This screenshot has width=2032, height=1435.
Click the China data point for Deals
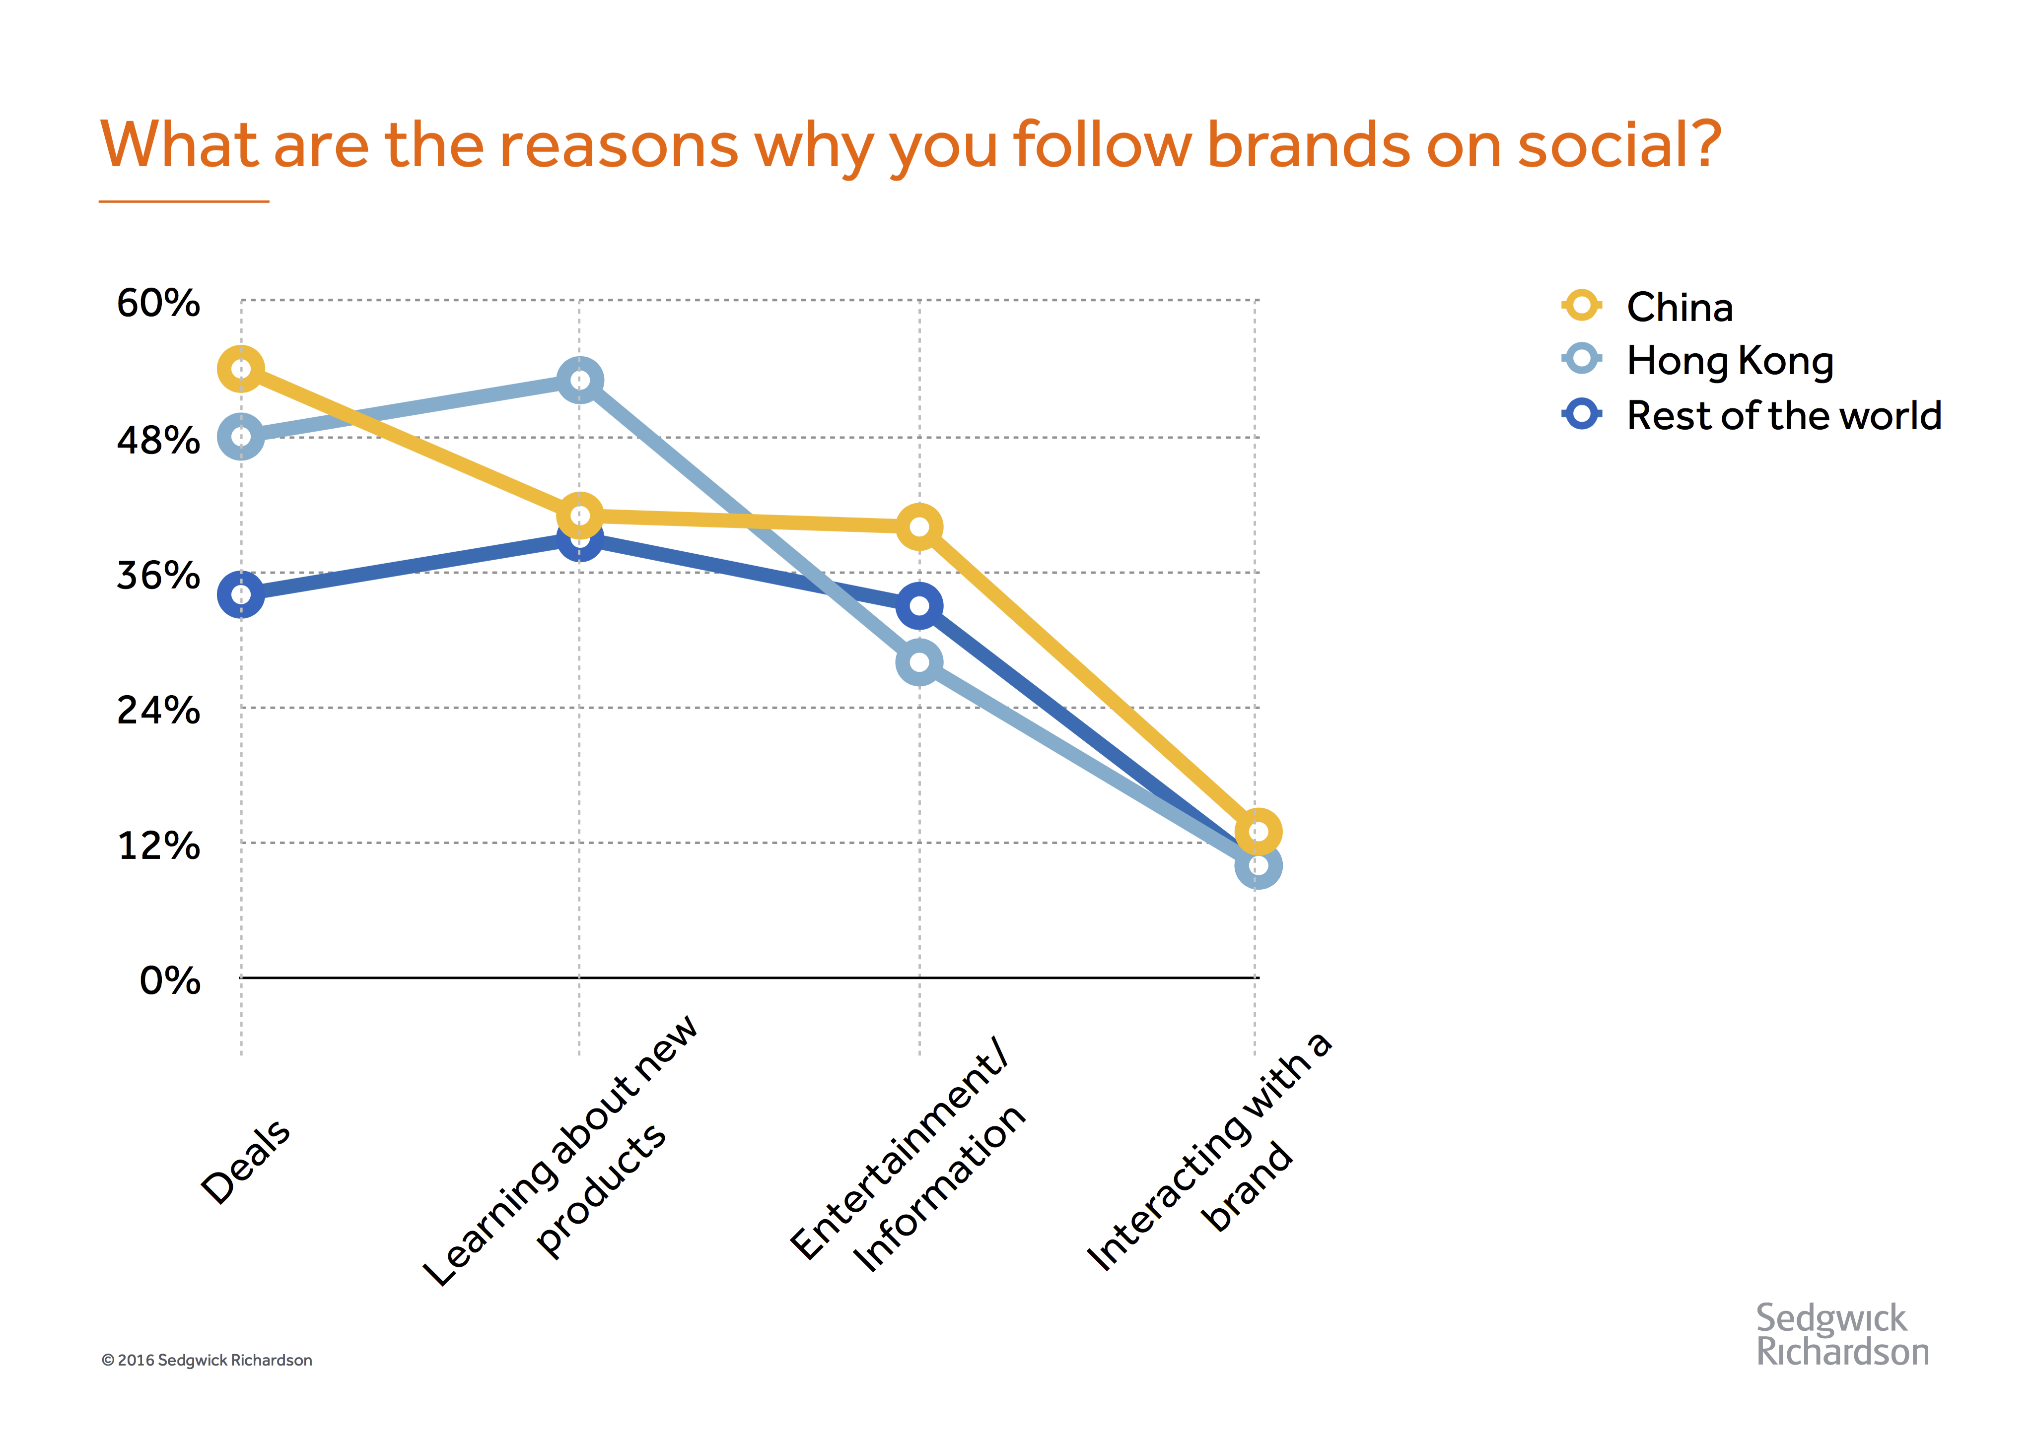click(x=241, y=369)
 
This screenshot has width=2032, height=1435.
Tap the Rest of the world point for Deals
click(x=241, y=594)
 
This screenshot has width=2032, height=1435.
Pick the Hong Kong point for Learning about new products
click(x=580, y=381)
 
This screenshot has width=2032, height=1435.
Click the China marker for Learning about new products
click(x=580, y=516)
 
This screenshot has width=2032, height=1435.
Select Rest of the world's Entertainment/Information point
click(x=919, y=606)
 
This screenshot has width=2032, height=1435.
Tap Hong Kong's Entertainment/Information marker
click(x=919, y=662)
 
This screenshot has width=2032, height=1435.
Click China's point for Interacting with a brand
click(x=1258, y=832)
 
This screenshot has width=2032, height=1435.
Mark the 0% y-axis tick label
click(x=170, y=981)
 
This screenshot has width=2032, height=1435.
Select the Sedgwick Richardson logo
click(x=1841, y=1335)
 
